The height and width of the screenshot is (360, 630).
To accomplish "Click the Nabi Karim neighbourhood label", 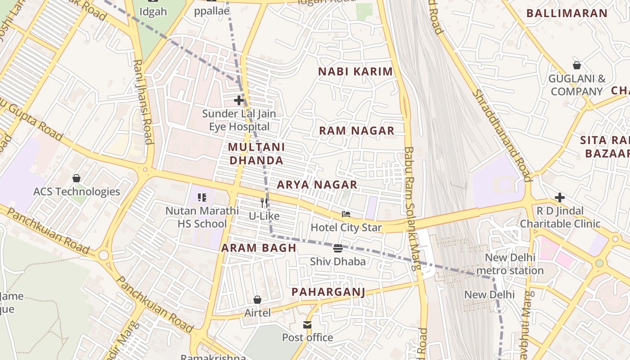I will click(x=355, y=72).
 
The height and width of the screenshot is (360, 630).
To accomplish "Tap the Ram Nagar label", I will click(x=356, y=131).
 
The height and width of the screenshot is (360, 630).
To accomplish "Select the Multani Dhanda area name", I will click(x=256, y=153).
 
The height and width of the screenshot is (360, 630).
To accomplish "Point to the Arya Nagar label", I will click(x=317, y=184).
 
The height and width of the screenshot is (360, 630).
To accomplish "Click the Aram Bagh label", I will click(x=259, y=247).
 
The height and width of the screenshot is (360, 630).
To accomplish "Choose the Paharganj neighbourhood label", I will click(x=328, y=292).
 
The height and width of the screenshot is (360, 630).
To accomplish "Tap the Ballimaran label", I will click(x=567, y=13).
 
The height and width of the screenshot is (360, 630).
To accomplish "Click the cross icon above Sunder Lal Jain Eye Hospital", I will click(x=239, y=100).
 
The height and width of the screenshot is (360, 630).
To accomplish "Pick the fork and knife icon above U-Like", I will click(x=264, y=203).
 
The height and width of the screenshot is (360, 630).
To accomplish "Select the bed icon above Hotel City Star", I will click(x=346, y=214).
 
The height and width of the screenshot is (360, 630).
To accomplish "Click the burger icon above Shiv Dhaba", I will click(x=338, y=248).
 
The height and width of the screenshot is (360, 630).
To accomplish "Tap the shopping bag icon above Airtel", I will click(x=257, y=299).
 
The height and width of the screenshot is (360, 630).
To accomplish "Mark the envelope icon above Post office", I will click(x=307, y=324).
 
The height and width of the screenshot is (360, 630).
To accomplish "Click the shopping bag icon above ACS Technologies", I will click(x=76, y=178).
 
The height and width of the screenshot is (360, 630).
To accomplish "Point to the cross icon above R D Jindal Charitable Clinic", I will click(x=560, y=197).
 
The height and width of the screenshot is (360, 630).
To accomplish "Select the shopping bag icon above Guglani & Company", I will click(x=576, y=65).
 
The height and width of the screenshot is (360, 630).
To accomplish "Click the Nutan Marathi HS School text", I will click(x=202, y=217).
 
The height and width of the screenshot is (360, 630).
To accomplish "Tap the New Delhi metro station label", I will click(x=510, y=264).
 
